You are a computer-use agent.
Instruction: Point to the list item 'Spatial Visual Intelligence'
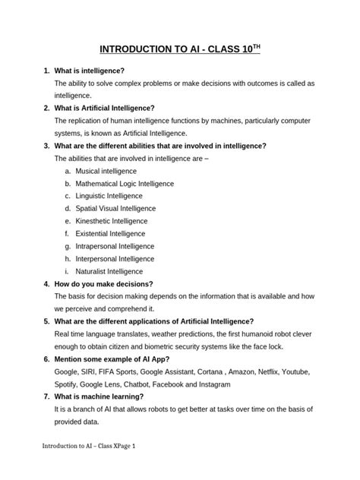[115, 208]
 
